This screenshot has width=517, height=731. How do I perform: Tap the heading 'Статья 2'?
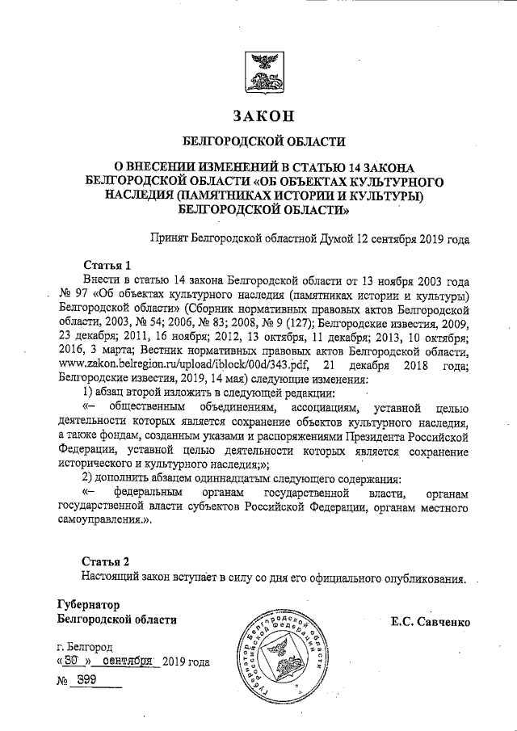tap(105, 561)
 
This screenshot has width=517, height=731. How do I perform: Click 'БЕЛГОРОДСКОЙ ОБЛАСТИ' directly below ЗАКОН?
tap(258, 141)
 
